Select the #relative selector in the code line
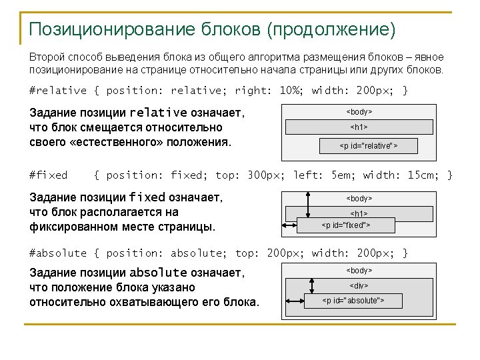point(58,91)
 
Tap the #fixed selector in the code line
point(49,175)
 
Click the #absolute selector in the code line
point(58,253)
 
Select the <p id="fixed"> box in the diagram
point(346,225)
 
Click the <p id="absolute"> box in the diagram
point(353,301)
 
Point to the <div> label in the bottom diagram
point(359,285)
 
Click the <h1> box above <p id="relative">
point(359,127)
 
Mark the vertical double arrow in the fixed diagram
point(308,204)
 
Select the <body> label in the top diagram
point(359,111)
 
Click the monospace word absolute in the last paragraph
point(158,273)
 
